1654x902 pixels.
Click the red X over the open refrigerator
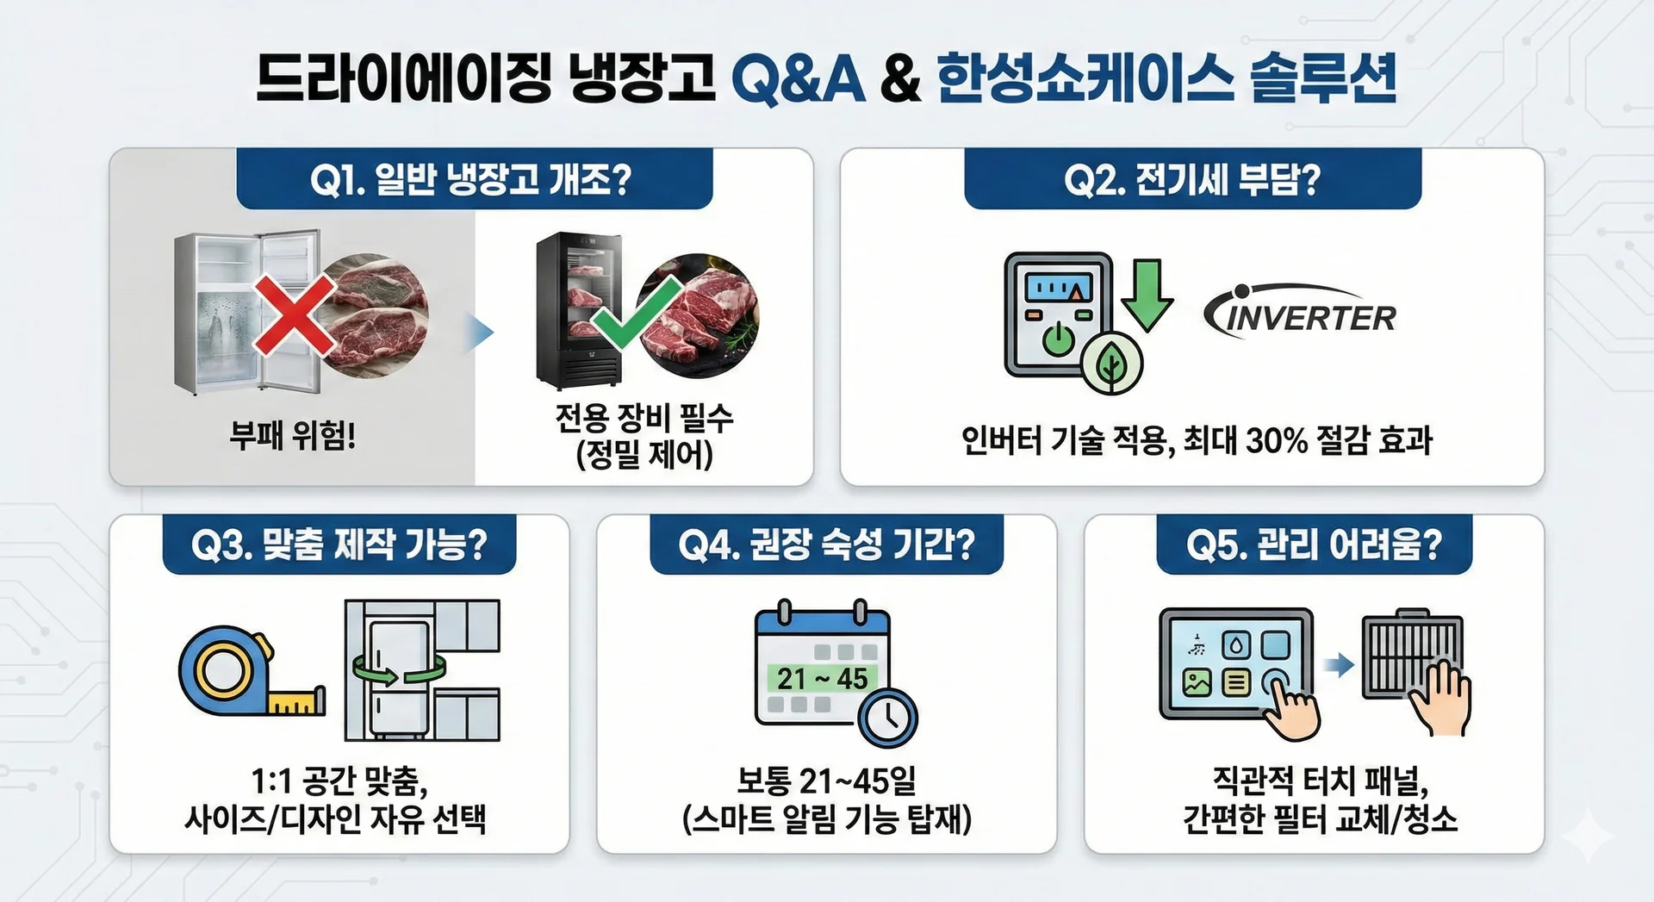[x=294, y=315]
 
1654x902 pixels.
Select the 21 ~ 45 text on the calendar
[x=823, y=679]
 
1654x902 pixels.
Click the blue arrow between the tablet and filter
[x=1339, y=664]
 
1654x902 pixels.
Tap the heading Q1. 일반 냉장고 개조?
[x=471, y=180]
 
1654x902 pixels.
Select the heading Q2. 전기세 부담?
[x=1191, y=180]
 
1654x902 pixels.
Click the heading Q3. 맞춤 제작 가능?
[x=339, y=544]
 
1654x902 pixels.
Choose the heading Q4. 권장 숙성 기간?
[x=826, y=544]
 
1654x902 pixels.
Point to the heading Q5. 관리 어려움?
[x=1314, y=544]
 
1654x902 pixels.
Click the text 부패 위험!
[x=293, y=436]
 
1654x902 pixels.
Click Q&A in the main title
[x=798, y=78]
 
